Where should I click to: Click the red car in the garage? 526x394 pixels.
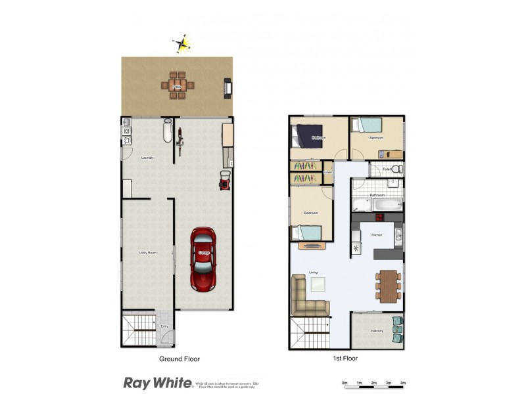click(x=203, y=259)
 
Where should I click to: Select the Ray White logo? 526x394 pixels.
click(x=158, y=382)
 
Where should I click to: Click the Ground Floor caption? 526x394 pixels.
click(x=179, y=359)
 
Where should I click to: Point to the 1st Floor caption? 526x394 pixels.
click(x=345, y=359)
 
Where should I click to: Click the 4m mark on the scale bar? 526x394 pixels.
click(x=403, y=382)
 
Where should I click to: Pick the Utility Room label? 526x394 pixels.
click(x=147, y=253)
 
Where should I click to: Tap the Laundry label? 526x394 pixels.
click(x=147, y=158)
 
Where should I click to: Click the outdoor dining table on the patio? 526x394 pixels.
click(x=177, y=85)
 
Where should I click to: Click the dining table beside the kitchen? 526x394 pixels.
click(x=389, y=286)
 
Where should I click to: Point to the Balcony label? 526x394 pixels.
click(x=377, y=331)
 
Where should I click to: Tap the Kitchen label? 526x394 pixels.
click(x=377, y=234)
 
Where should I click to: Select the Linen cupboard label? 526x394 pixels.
click(x=327, y=173)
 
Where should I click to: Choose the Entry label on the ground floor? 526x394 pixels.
click(x=164, y=326)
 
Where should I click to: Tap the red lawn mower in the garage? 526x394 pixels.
click(x=224, y=179)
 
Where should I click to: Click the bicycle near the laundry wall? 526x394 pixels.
click(x=179, y=140)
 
